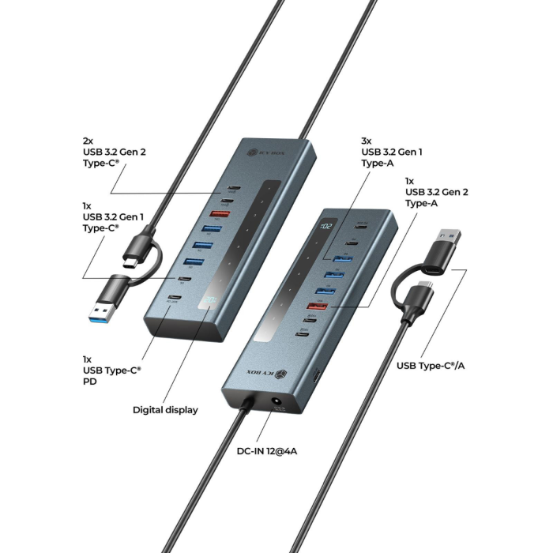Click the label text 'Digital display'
tap(165, 410)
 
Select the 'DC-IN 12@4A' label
tap(267, 453)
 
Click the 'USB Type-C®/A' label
tap(431, 365)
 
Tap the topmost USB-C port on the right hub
tap(361, 225)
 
